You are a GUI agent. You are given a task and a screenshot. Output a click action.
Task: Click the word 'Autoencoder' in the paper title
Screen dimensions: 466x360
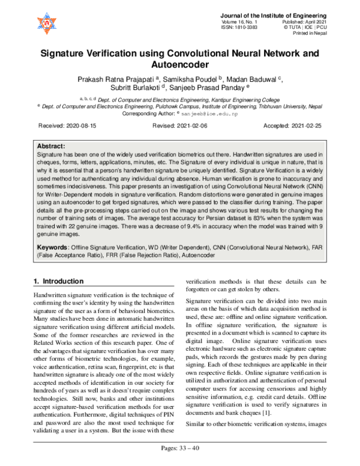(x=179, y=64)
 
